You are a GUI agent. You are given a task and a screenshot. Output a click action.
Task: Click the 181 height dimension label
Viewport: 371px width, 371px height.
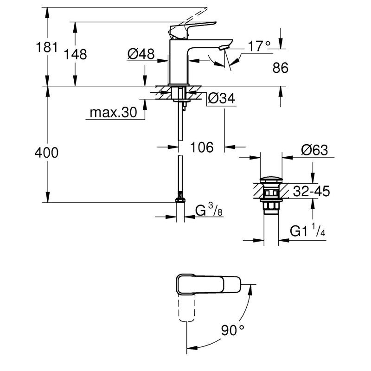coord(46,46)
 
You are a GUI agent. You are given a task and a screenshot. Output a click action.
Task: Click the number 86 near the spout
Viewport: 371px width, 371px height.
coord(280,68)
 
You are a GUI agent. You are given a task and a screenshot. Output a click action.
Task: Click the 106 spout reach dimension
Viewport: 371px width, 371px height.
coord(202,147)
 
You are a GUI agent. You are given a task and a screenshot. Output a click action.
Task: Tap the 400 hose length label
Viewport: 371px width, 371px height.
coord(46,153)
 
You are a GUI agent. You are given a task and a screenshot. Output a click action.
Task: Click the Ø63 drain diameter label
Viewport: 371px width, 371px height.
coord(314,150)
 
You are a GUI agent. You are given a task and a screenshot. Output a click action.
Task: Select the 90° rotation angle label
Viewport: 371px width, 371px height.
coord(232,331)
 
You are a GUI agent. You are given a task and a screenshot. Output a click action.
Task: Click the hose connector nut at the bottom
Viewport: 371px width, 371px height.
coord(179,200)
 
